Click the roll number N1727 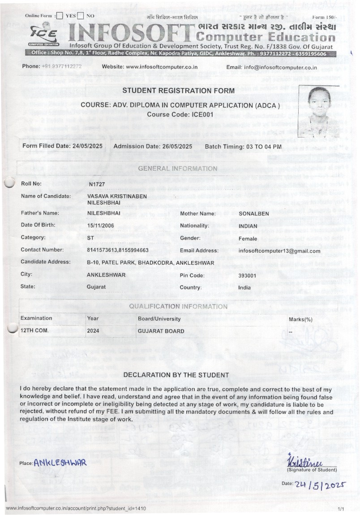[96, 184]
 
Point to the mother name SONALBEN [254, 214]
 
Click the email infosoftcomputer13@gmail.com [279, 251]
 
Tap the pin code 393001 [247, 275]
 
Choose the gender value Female [248, 238]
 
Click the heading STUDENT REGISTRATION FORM [178, 91]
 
